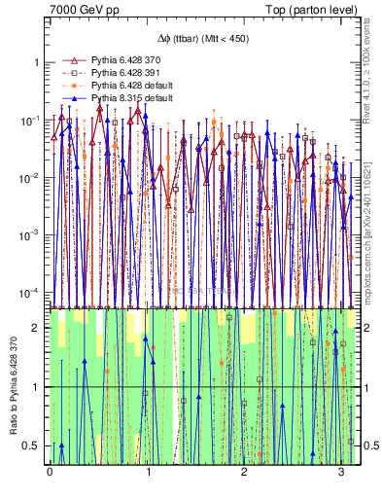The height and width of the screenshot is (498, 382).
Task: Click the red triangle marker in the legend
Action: [x=68, y=60]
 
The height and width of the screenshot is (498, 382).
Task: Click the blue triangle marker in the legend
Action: [x=68, y=98]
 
